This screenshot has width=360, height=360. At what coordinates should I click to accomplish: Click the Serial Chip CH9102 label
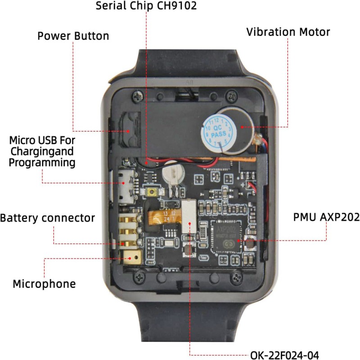pyautogui.click(x=146, y=5)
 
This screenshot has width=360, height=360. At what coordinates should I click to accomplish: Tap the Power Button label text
pyautogui.click(x=73, y=36)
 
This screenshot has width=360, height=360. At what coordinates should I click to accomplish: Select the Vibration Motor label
pyautogui.click(x=288, y=32)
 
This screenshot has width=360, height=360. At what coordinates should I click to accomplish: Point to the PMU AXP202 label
pyautogui.click(x=327, y=217)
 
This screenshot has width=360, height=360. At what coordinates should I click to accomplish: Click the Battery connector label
pyautogui.click(x=47, y=218)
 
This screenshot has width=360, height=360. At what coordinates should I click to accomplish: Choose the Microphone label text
pyautogui.click(x=44, y=284)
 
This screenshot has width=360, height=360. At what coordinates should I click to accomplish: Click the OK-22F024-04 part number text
pyautogui.click(x=284, y=355)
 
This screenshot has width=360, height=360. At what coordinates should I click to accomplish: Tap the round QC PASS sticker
pyautogui.click(x=216, y=131)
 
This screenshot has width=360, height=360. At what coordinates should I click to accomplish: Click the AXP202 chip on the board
pyautogui.click(x=226, y=237)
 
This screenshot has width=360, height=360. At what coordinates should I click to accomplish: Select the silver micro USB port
pyautogui.click(x=126, y=187)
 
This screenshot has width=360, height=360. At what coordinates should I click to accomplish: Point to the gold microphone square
pyautogui.click(x=132, y=257)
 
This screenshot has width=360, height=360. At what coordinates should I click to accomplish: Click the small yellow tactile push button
pyautogui.click(x=152, y=192)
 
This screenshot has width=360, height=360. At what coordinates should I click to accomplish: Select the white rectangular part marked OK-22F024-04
pyautogui.click(x=189, y=216)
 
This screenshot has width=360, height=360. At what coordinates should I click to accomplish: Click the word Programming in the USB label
pyautogui.click(x=42, y=163)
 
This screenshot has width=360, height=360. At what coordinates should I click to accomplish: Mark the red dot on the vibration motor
pyautogui.click(x=242, y=127)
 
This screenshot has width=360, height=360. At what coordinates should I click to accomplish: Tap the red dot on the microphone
pyautogui.click(x=130, y=258)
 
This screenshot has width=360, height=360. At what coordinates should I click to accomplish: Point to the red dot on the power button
pyautogui.click(x=128, y=131)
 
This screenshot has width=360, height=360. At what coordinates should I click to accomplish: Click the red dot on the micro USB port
pyautogui.click(x=123, y=183)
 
